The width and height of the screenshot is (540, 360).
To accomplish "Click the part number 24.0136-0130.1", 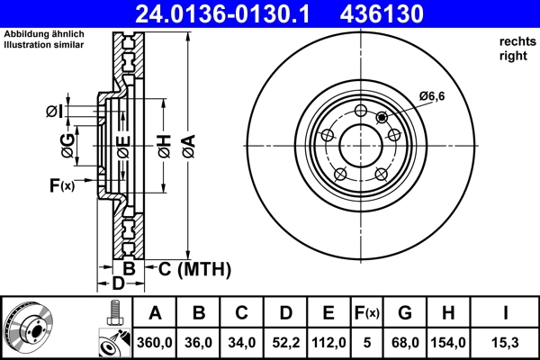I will (x=230, y=13).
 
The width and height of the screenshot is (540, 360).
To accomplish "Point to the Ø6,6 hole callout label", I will (x=431, y=97).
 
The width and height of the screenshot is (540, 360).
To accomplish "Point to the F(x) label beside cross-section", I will (x=62, y=185).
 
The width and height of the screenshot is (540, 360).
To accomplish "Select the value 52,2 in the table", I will (x=286, y=342).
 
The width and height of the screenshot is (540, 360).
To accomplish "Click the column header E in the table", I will (x=328, y=313).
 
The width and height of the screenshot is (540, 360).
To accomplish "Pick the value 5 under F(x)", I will (x=367, y=342).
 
